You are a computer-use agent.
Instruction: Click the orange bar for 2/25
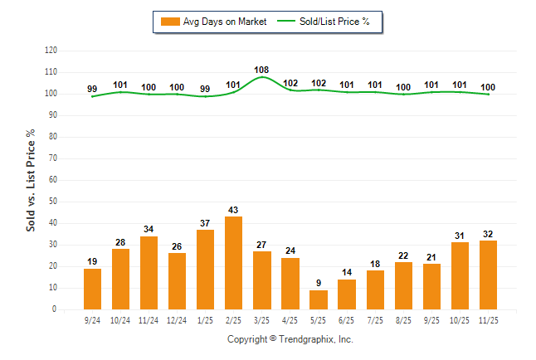pyautogui.click(x=233, y=263)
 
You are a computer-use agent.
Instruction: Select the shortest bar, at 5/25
pyautogui.click(x=318, y=299)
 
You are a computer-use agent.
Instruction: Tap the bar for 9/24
pyautogui.click(x=92, y=289)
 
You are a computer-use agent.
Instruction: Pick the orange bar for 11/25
pyautogui.click(x=487, y=275)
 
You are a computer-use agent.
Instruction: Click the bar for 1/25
pyautogui.click(x=205, y=270)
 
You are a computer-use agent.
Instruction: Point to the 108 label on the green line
pyautogui.click(x=261, y=70)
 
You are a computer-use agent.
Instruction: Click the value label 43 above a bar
pyautogui.click(x=233, y=211)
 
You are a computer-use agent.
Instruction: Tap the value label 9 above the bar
pyautogui.click(x=318, y=284)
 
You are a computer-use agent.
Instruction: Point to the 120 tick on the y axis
pyautogui.click(x=51, y=51)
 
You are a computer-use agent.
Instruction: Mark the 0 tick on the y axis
pyautogui.click(x=55, y=309)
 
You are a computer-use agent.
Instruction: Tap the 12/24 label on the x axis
pyautogui.click(x=177, y=319)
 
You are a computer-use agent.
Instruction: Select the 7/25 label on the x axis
pyautogui.click(x=374, y=319)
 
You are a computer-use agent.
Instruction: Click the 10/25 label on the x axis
pyautogui.click(x=459, y=319)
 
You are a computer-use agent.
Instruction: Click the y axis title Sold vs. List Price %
pyautogui.click(x=32, y=180)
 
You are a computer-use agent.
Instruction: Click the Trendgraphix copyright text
pyautogui.click(x=290, y=339)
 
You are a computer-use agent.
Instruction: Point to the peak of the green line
pyautogui.click(x=261, y=77)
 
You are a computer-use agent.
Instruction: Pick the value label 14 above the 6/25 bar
pyautogui.click(x=346, y=273)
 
